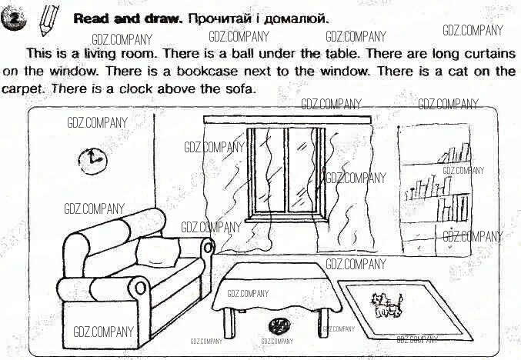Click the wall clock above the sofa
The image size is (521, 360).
click(92, 162)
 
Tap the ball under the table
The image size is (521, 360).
click(279, 325)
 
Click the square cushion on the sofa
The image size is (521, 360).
click(158, 252)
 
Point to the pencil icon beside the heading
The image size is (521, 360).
click(48, 21)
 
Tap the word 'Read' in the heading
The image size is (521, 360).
click(91, 18)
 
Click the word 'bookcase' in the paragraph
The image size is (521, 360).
click(207, 71)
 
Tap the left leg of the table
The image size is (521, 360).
click(229, 322)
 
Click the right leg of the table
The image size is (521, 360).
click(323, 323)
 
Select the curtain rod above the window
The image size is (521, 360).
click(287, 119)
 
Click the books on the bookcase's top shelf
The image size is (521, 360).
click(455, 153)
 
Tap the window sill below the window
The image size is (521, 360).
click(286, 219)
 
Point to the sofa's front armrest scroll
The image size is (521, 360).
click(140, 288)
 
